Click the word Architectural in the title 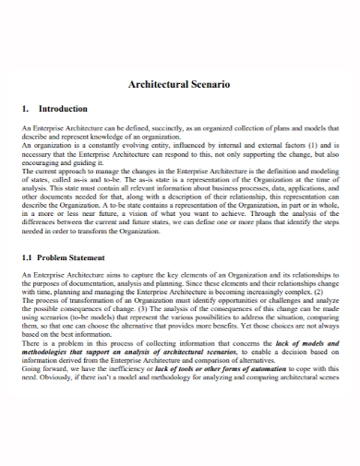(x=157, y=84)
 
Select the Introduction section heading (x=63, y=109)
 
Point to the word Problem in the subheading (x=56, y=257)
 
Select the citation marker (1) (x=314, y=146)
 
